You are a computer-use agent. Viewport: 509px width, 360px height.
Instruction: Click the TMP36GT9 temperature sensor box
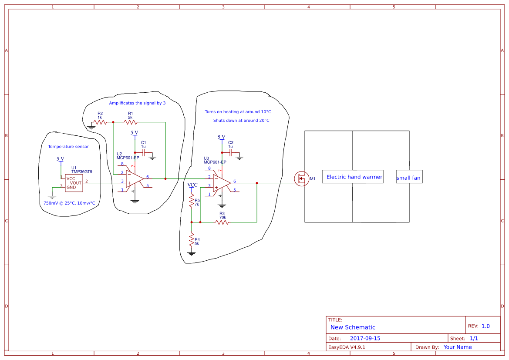pyautogui.click(x=74, y=183)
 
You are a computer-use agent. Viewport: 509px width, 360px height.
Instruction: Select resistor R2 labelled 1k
pyautogui.click(x=99, y=122)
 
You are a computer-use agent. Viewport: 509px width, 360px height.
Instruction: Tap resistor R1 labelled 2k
pyautogui.click(x=131, y=122)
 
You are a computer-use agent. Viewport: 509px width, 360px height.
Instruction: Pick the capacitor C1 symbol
pyautogui.click(x=143, y=152)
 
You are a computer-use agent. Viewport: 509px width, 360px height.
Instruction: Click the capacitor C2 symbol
pyautogui.click(x=230, y=152)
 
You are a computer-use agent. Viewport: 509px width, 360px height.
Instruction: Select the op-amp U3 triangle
pyautogui.click(x=221, y=183)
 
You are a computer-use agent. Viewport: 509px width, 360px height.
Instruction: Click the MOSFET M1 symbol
pyautogui.click(x=302, y=179)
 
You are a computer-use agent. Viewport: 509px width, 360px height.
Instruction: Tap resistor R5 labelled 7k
pyautogui.click(x=192, y=201)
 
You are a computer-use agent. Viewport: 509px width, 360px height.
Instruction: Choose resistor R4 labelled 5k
pyautogui.click(x=192, y=240)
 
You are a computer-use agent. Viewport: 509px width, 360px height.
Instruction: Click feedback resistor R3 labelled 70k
pyautogui.click(x=222, y=222)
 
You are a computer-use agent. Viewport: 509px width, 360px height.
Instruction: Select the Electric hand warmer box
pyautogui.click(x=353, y=177)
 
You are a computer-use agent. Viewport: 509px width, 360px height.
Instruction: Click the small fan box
pyautogui.click(x=409, y=177)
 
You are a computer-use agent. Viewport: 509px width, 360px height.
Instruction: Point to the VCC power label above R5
pyautogui.click(x=192, y=185)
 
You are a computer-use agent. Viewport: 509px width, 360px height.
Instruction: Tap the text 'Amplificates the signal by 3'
pyautogui.click(x=137, y=103)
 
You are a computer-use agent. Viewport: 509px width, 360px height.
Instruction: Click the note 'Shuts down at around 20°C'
pyautogui.click(x=241, y=121)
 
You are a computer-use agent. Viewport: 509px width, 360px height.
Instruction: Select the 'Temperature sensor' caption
pyautogui.click(x=68, y=147)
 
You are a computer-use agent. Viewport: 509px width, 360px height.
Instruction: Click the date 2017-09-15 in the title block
pyautogui.click(x=365, y=338)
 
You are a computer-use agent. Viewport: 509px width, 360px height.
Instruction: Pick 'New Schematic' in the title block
pyautogui.click(x=353, y=327)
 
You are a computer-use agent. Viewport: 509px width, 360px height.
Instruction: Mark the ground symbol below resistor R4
pyautogui.click(x=192, y=253)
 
